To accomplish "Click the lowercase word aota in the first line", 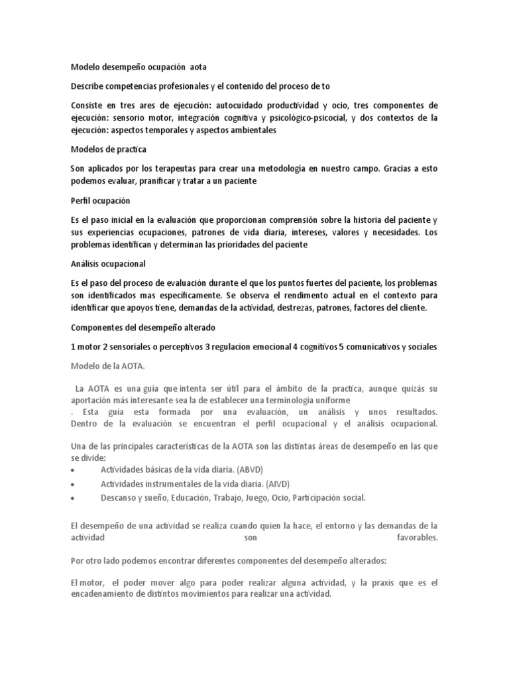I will [202, 67].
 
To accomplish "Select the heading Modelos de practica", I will [108, 150].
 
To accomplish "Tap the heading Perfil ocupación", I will [99, 200].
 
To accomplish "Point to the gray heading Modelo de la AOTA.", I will [107, 365].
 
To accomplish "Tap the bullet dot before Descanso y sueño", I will [72, 498].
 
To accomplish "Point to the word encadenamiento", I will [105, 595].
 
